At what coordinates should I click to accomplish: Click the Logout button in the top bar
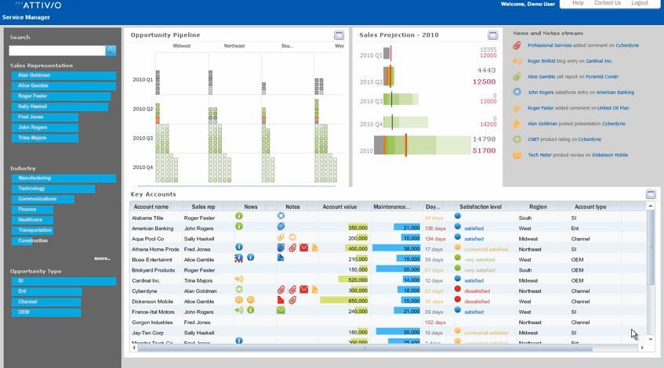point(640,3)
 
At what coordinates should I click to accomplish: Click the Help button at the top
point(578,3)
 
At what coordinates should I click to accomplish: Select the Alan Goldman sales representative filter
point(34,76)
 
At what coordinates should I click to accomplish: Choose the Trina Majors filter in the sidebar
point(32,138)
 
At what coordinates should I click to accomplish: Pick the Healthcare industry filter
point(31,220)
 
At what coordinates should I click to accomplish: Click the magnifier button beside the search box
point(111,50)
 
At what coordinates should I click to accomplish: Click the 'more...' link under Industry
point(102,258)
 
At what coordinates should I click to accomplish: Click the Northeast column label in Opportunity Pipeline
point(234,46)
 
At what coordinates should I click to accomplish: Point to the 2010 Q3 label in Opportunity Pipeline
point(143,139)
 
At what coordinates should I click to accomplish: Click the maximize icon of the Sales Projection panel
point(492,35)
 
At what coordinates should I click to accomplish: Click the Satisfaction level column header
point(480,207)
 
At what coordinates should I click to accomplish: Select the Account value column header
point(339,207)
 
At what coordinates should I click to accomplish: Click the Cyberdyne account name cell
point(145,290)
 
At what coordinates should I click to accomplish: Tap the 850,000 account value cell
point(357,301)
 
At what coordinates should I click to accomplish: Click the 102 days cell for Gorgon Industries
point(435,323)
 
